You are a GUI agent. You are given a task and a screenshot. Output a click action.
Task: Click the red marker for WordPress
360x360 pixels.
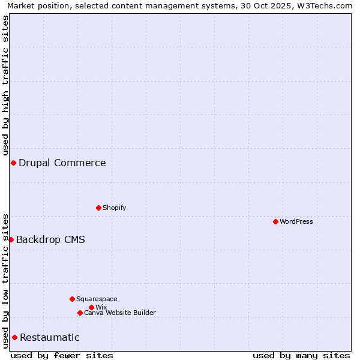tap(275, 221)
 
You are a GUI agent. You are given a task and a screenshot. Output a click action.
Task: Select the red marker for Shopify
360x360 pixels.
tap(98, 208)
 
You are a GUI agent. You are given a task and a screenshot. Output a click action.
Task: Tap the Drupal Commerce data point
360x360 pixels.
tap(13, 163)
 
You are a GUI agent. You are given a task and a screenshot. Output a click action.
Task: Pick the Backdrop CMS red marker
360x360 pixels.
tap(11, 239)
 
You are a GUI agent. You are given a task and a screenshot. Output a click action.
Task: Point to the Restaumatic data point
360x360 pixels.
tap(14, 337)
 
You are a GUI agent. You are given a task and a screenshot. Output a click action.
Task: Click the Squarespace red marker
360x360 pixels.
tap(72, 299)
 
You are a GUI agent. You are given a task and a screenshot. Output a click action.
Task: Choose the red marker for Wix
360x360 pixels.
tap(91, 307)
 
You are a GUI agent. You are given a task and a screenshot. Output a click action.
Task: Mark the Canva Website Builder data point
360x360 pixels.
tap(80, 313)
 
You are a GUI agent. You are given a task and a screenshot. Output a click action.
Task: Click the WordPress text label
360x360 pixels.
tap(296, 221)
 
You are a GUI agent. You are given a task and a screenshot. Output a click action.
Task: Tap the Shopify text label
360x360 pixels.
tap(115, 208)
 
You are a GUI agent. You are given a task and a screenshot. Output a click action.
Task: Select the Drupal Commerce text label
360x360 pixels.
tap(62, 163)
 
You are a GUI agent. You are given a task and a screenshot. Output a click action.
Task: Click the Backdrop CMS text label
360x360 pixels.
tap(50, 239)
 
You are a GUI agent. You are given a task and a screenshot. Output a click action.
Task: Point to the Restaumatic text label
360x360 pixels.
tap(50, 337)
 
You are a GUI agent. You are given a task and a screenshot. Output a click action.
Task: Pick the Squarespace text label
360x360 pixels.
tap(97, 299)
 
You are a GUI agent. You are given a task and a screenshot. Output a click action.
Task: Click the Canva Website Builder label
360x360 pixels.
tap(120, 313)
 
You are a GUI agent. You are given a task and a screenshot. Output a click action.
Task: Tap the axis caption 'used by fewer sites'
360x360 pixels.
tap(62, 355)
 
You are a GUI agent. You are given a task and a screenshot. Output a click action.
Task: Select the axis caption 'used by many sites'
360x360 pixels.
tap(301, 355)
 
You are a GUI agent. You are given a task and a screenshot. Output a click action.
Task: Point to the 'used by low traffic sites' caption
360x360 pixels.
tap(5, 281)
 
